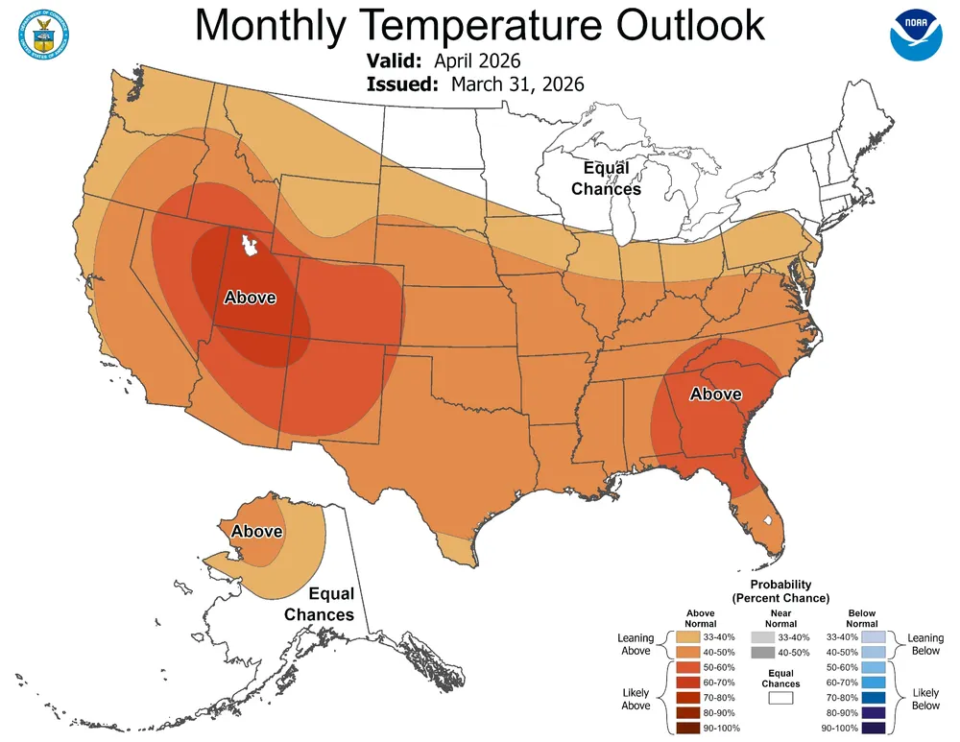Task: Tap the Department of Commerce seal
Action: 40,30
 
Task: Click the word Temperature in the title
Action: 478,25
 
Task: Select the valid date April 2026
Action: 470,61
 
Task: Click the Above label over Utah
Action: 250,298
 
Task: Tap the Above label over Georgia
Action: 715,394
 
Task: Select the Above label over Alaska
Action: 256,531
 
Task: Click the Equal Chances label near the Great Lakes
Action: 606,179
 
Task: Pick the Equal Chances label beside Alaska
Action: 319,605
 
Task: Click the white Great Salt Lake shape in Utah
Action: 252,247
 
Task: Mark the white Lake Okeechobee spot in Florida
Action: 766,519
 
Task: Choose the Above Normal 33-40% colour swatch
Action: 687,637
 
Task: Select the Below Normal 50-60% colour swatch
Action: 872,668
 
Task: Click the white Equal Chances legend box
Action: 780,699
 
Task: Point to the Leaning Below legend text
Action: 924,645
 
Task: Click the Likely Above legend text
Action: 636,699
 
